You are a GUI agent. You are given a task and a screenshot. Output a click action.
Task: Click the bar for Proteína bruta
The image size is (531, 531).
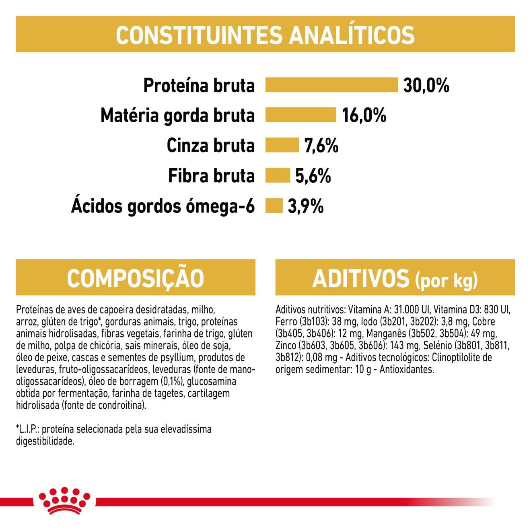(331, 85)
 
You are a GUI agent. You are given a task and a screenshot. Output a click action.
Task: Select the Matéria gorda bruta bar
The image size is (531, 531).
(300, 115)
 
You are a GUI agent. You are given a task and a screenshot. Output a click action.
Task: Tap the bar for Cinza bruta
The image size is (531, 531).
(282, 145)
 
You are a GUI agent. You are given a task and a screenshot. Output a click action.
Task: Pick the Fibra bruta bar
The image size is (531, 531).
(278, 175)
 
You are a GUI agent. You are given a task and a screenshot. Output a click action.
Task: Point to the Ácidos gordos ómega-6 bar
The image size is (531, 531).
(274, 206)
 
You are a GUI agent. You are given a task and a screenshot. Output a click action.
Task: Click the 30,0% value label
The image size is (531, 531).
(426, 85)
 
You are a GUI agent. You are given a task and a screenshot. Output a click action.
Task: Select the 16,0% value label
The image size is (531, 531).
(364, 115)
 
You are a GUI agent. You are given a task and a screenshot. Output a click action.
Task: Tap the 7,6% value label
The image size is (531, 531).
(321, 146)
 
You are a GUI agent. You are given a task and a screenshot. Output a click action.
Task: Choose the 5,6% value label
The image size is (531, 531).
(313, 176)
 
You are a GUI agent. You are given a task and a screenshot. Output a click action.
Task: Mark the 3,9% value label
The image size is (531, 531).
(306, 206)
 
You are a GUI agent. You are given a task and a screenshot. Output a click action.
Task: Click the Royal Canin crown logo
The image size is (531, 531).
(64, 501)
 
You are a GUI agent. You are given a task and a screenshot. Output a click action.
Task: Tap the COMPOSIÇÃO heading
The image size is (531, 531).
(136, 278)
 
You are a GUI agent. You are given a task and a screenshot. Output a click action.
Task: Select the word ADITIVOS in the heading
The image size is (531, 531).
(361, 278)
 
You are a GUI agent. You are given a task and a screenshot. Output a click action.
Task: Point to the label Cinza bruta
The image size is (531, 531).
(211, 146)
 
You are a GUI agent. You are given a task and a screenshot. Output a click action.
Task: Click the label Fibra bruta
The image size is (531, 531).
(211, 176)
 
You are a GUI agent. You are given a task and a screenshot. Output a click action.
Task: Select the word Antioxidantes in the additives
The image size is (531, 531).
(407, 369)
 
